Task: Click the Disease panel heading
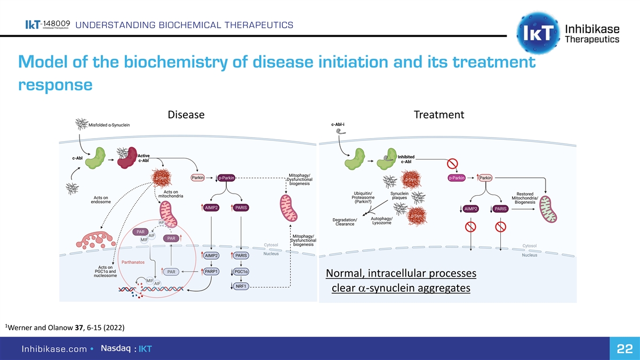186,115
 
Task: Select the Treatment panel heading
439,115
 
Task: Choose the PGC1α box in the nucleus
242,271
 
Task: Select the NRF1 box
242,286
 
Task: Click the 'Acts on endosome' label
101,199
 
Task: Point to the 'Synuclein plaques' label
399,196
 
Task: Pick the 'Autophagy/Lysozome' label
382,220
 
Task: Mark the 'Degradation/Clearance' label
345,222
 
